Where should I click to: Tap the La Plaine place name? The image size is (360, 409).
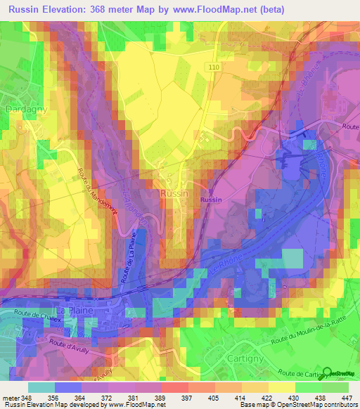[73, 309]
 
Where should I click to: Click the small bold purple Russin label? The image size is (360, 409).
[211, 200]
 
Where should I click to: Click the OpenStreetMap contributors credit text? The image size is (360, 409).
[312, 405]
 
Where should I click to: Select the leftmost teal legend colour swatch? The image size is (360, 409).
[41, 387]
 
